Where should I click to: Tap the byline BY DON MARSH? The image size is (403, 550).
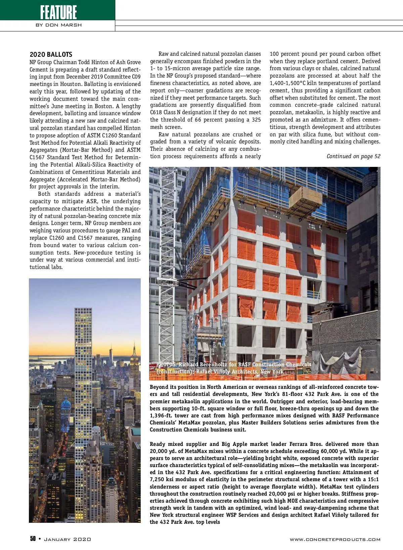[58, 25]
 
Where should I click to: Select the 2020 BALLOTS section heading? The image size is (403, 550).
[51, 54]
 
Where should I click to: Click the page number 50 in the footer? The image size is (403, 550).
[33, 539]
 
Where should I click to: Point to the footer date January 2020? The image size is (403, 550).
[68, 539]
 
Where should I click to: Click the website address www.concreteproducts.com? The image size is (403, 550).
[335, 540]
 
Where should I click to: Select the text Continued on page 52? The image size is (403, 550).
[353, 156]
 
